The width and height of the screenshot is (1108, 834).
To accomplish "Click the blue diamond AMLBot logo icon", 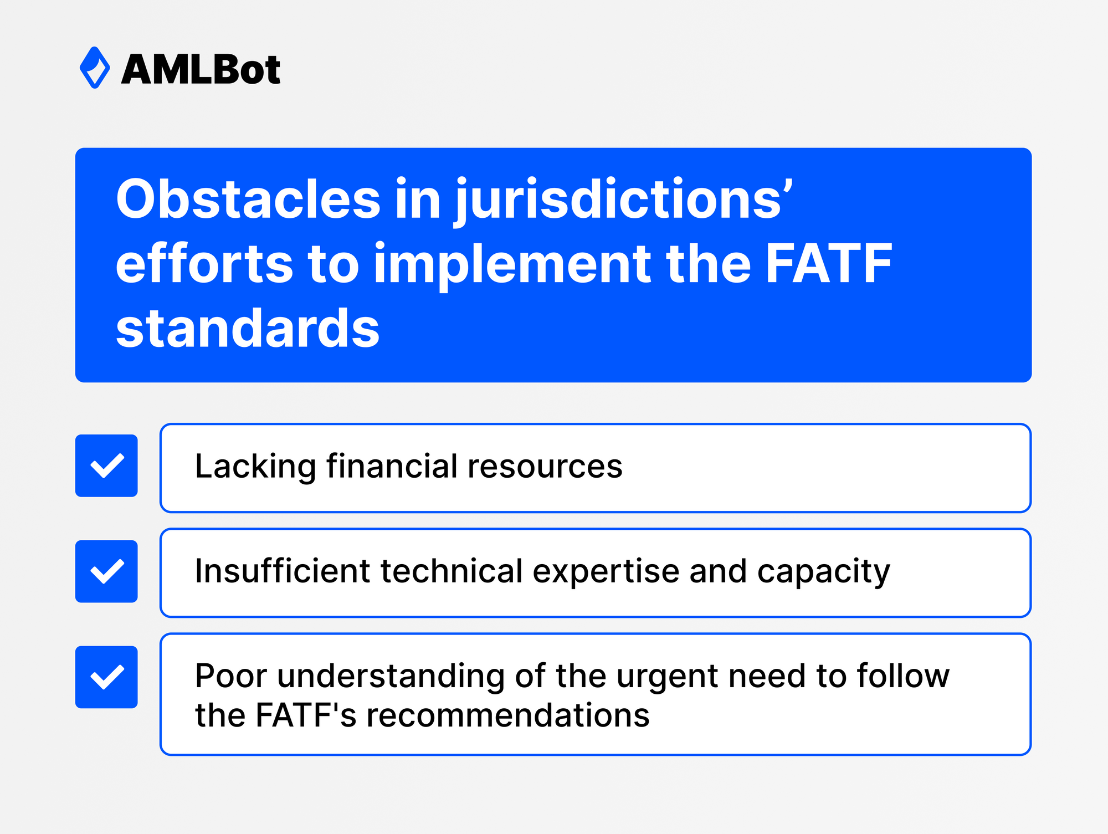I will point(95,68).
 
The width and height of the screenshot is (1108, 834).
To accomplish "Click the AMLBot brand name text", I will point(201,70).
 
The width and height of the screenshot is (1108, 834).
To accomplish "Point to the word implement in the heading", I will point(512,264).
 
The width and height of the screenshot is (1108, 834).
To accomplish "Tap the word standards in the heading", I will point(248,329).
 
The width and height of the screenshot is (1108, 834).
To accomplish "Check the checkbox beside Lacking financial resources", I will point(106,465).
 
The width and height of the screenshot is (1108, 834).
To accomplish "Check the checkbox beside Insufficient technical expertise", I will point(106,571).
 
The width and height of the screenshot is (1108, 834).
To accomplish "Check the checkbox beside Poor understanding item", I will point(106,677).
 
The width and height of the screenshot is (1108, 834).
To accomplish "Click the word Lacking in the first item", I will point(255,466).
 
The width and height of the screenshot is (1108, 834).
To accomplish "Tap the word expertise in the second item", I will point(606,572).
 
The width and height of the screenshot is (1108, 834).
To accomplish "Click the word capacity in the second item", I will point(823,572).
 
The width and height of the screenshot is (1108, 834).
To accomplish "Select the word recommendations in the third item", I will point(507,715).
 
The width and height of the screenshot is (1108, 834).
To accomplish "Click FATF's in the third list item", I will point(306,715).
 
